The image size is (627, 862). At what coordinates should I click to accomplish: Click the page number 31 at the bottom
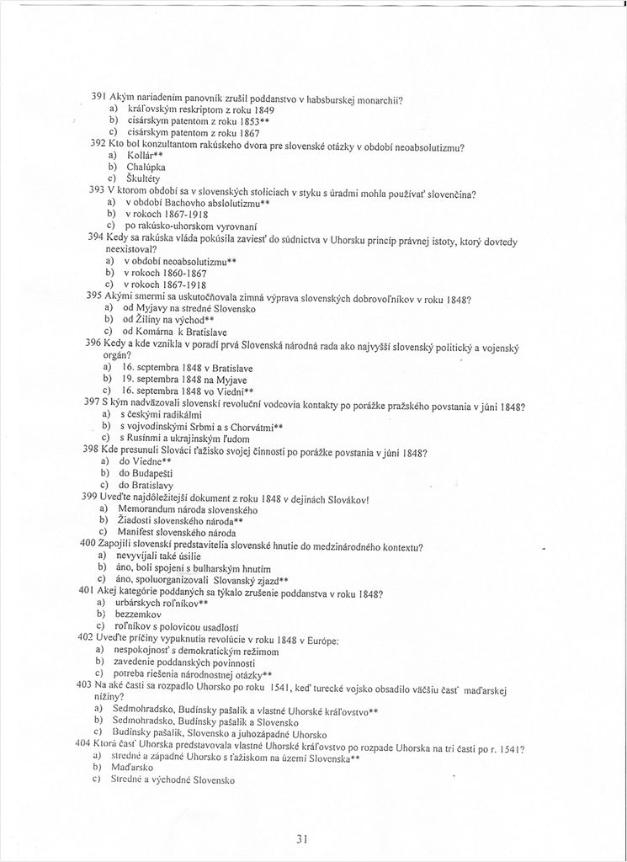(304, 838)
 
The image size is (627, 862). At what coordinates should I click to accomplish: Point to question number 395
(95, 296)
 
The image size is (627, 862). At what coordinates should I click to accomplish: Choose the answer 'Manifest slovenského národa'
(177, 532)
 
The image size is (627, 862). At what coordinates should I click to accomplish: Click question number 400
(88, 545)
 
